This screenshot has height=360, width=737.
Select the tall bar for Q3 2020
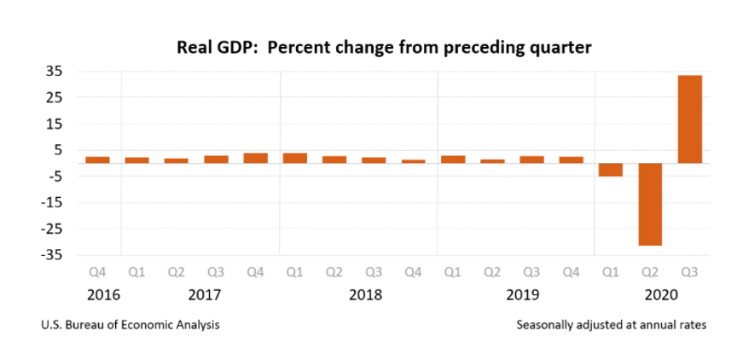point(689,119)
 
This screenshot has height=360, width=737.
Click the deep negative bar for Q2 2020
point(650,204)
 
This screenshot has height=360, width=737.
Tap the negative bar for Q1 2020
point(611,170)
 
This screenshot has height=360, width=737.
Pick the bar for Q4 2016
point(97,160)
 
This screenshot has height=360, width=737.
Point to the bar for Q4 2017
point(255,158)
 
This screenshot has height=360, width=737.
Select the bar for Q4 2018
point(413,161)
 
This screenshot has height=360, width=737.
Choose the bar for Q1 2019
point(453,160)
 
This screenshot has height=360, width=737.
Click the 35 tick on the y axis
point(53,71)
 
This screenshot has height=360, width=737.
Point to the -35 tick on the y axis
point(50,255)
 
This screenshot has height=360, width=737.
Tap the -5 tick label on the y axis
point(53,177)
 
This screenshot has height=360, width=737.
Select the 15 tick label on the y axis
point(53,124)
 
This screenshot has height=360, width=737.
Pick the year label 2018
point(365,295)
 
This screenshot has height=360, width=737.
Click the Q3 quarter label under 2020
point(689,273)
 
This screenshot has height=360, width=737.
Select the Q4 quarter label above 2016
point(97,273)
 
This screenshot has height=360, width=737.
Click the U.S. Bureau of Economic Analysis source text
point(129,325)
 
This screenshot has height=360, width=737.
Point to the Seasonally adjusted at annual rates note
point(611,325)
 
